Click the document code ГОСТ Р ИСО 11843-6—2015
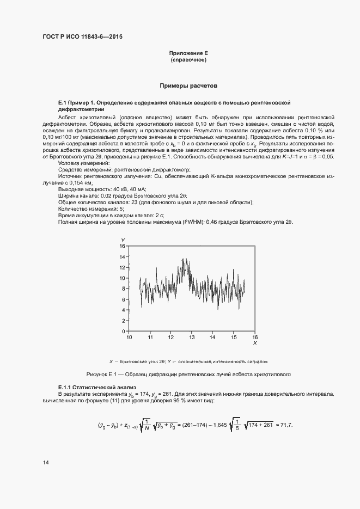(x=82, y=38)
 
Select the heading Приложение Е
(x=188, y=53)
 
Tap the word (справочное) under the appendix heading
(x=188, y=59)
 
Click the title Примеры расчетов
(x=188, y=86)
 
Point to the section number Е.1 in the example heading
(x=62, y=102)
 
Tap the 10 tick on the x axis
(x=129, y=338)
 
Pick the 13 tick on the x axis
(x=192, y=338)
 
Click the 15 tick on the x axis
(x=234, y=338)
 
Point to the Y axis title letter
(x=123, y=240)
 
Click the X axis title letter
(x=255, y=343)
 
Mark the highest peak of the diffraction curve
(x=185, y=259)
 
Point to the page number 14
(x=46, y=463)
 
